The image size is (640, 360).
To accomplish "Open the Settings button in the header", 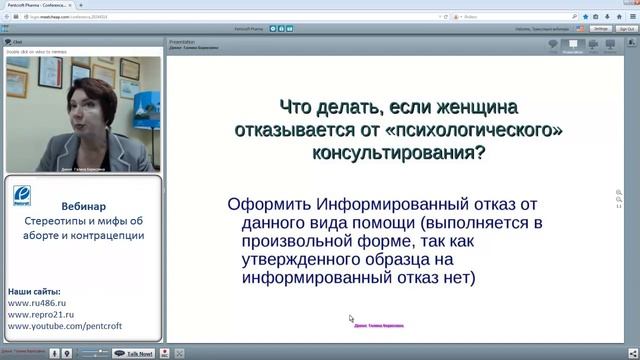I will (601, 29).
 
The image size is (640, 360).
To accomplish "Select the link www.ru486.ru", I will (37, 300).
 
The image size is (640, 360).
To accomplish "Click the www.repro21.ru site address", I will (40, 312).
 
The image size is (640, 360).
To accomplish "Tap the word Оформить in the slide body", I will (263, 204).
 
